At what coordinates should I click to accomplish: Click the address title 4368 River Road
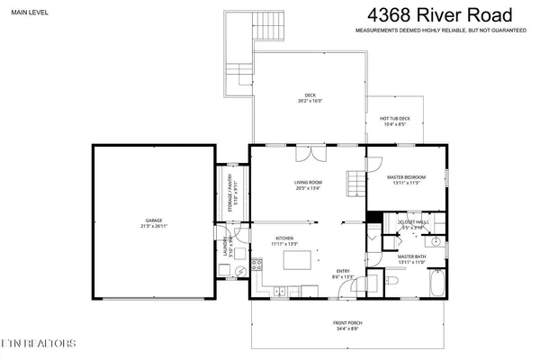click(440, 15)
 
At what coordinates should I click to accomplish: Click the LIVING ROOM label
click(308, 184)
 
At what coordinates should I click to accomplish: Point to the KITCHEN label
click(284, 238)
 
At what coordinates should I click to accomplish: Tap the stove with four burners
click(256, 265)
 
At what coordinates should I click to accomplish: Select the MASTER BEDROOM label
click(406, 177)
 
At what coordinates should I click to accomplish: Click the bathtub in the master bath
click(436, 287)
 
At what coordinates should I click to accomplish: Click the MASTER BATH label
click(410, 256)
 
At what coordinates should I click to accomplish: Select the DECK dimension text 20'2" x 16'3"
click(310, 102)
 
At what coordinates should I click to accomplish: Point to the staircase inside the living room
click(357, 186)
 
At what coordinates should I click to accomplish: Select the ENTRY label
click(343, 272)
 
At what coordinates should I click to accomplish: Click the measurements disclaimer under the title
click(440, 31)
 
